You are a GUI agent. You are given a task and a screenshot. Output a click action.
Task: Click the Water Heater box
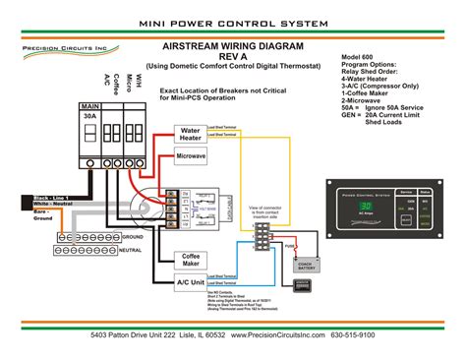pos(191,134)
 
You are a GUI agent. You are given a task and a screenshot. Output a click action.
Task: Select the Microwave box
pos(191,156)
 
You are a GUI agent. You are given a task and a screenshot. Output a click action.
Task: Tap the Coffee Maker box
pos(191,259)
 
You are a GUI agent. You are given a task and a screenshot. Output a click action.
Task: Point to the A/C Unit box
pos(191,282)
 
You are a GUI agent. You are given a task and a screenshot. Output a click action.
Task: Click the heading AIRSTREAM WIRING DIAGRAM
pos(235,46)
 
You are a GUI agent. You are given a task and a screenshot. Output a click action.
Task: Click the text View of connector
pos(266,208)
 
